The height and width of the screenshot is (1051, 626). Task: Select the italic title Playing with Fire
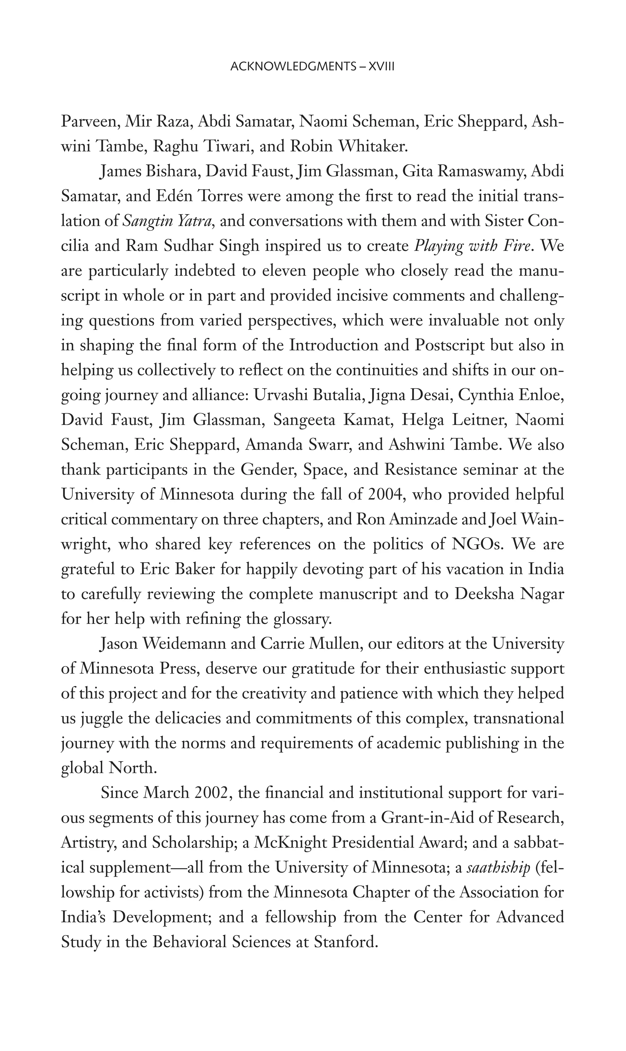pos(472,246)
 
